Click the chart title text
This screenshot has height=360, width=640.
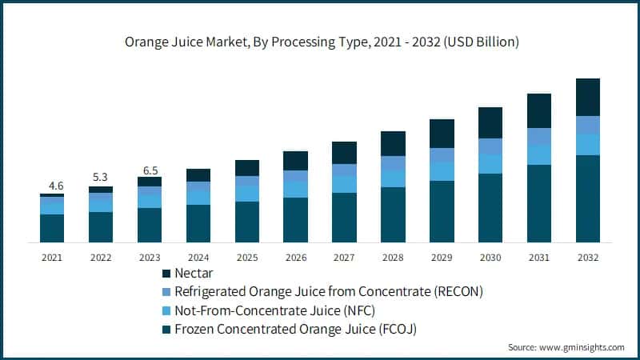pos(320,42)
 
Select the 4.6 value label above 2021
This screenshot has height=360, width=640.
pos(52,186)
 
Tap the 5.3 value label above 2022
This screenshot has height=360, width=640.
pos(101,178)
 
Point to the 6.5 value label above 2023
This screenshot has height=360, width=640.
pos(150,170)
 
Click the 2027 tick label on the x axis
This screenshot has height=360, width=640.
pos(344,257)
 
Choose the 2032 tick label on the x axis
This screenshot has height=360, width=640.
pos(587,257)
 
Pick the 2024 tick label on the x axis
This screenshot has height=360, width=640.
pos(198,257)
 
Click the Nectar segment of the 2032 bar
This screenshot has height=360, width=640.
pos(587,97)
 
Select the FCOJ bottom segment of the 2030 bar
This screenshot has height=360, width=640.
pos(490,208)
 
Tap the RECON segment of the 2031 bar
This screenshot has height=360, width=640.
pos(539,136)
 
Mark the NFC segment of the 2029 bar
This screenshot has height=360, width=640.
pos(442,171)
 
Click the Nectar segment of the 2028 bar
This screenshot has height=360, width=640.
pos(393,143)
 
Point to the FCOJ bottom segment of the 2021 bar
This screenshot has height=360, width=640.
pos(52,228)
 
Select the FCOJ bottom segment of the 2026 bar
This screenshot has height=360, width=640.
pos(295,220)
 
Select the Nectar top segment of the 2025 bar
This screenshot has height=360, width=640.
pos(247,168)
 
